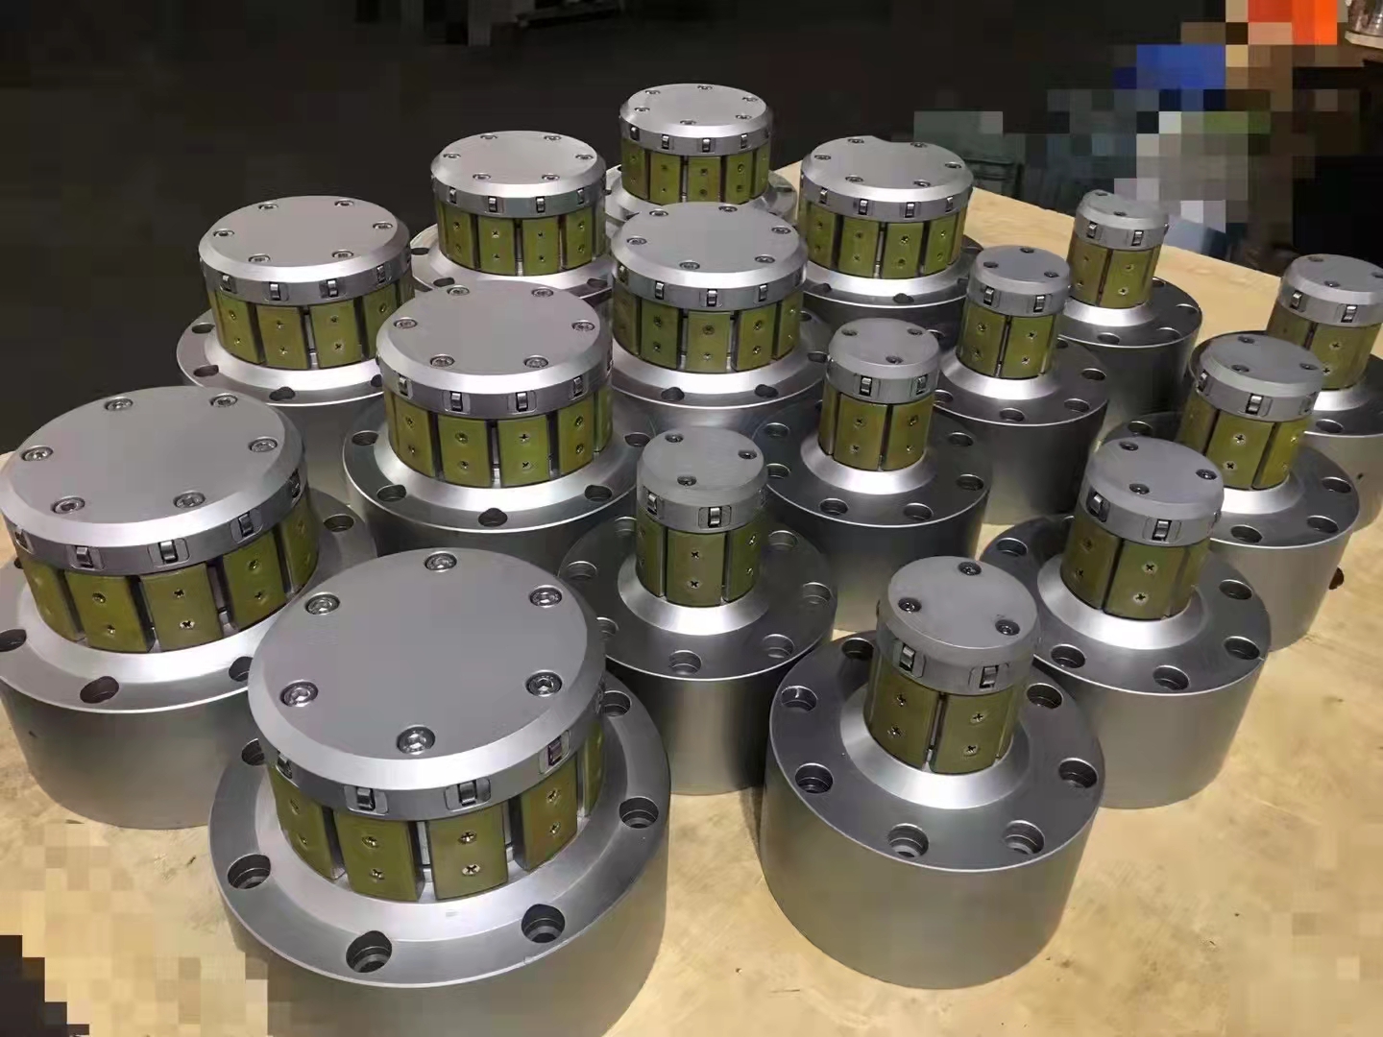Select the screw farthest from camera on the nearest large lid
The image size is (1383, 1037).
click(442, 561)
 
